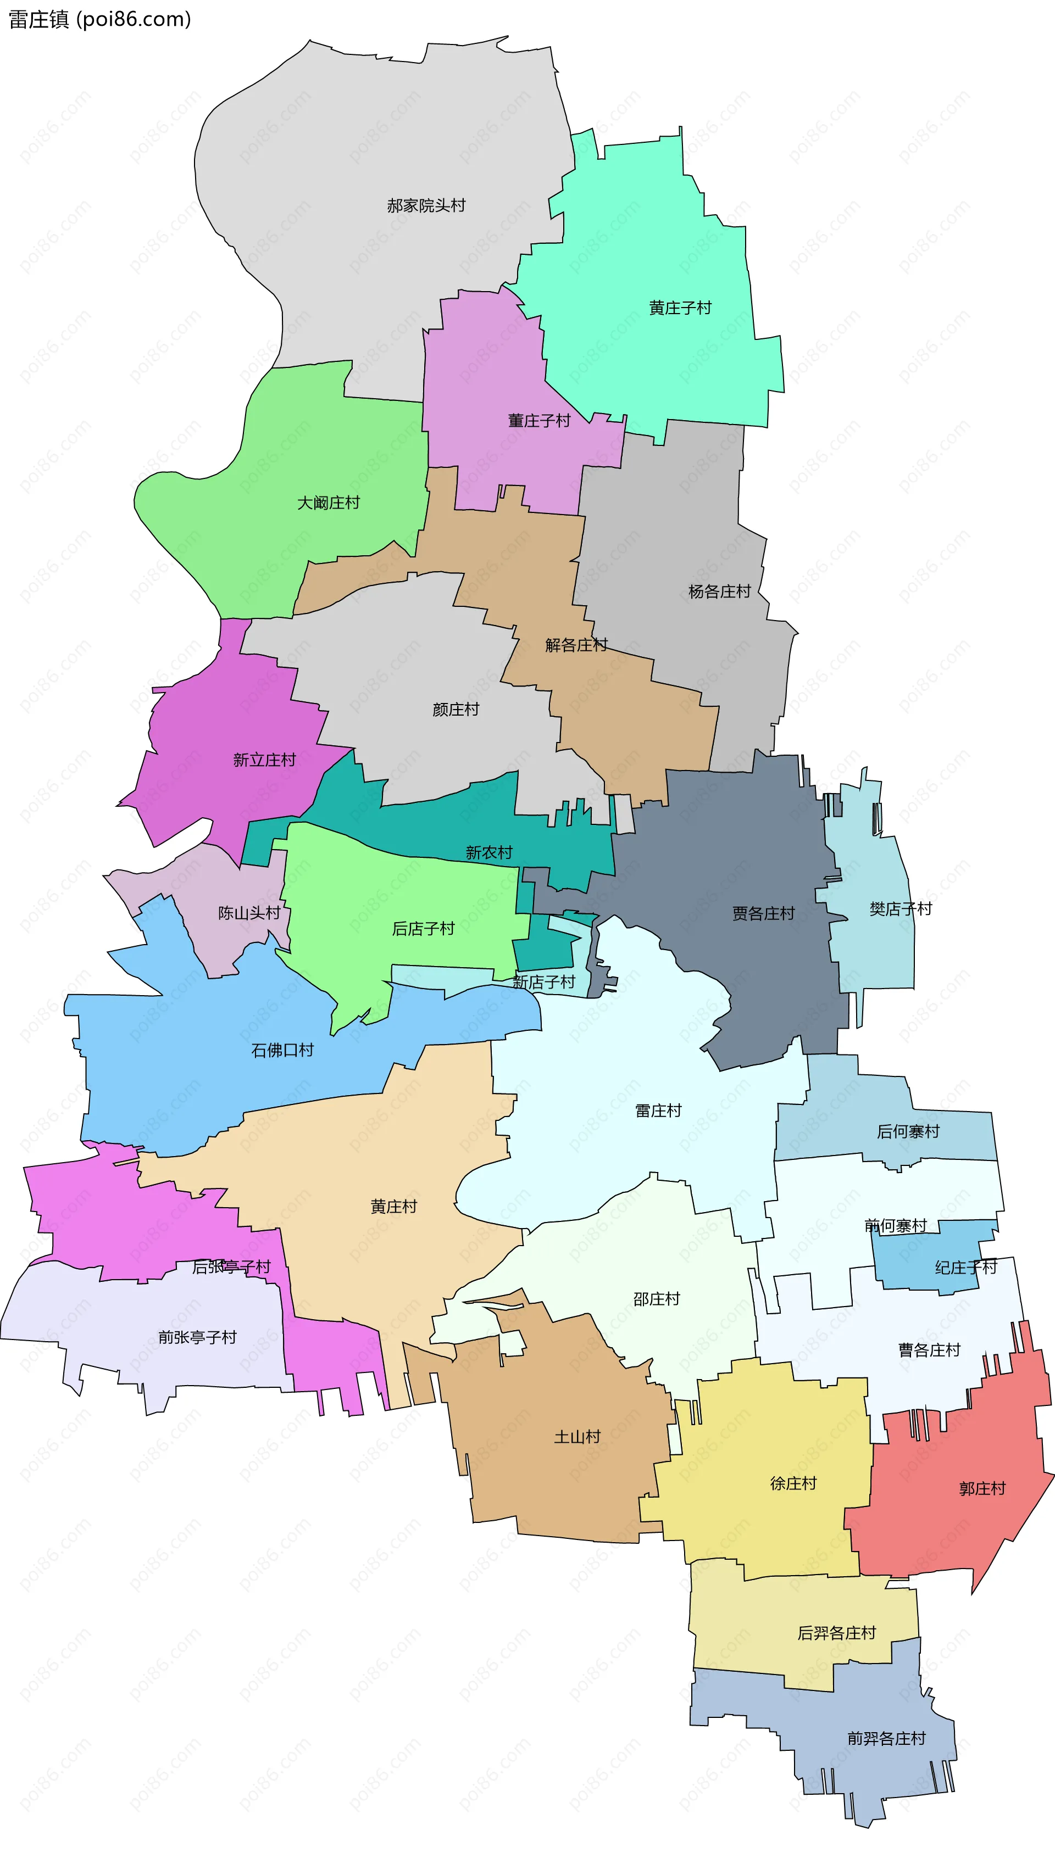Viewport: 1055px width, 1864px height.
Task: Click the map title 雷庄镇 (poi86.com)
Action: point(99,19)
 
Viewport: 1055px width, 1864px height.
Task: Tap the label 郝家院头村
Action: point(426,205)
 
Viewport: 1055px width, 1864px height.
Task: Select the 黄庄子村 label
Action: point(680,308)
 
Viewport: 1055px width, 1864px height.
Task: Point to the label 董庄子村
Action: point(539,421)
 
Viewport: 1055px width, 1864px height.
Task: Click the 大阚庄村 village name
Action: point(328,503)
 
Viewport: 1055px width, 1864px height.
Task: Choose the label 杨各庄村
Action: point(719,591)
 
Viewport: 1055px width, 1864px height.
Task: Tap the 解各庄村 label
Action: point(576,645)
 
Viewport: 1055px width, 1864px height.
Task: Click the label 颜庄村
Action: point(456,710)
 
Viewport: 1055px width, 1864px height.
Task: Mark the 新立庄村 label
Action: point(264,760)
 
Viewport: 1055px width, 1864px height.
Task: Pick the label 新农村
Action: point(488,852)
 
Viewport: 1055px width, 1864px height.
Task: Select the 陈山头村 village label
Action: point(249,913)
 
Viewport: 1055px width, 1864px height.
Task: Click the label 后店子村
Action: point(423,928)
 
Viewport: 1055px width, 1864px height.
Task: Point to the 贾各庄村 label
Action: point(763,914)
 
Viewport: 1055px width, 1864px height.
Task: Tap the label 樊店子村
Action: point(901,909)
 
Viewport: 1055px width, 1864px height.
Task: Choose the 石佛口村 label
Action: point(282,1050)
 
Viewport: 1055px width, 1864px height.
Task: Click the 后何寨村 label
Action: point(908,1131)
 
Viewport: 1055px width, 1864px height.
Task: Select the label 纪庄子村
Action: point(966,1267)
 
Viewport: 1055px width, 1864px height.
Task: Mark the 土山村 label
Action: point(577,1437)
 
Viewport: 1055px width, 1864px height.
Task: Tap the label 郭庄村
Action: point(982,1488)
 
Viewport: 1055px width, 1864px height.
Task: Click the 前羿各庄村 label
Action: point(886,1738)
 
